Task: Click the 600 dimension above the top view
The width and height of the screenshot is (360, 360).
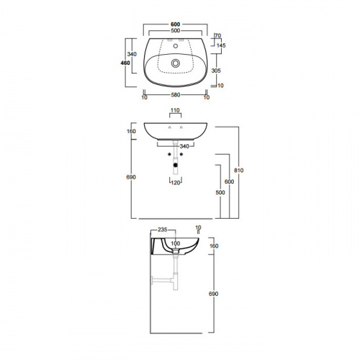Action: (x=175, y=24)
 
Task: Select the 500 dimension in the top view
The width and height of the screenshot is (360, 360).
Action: (x=176, y=30)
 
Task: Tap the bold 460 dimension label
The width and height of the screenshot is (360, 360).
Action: (x=125, y=63)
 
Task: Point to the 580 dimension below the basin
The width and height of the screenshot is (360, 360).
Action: (x=176, y=95)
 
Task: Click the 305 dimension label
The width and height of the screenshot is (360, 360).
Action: (x=216, y=71)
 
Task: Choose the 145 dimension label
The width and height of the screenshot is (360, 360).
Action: (x=221, y=45)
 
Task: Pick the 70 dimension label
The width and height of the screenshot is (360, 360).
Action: (x=218, y=36)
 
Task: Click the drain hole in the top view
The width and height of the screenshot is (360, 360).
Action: (x=176, y=63)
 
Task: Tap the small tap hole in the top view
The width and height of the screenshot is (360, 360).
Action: (x=176, y=46)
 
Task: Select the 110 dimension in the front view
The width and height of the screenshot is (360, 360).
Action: (x=175, y=110)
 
